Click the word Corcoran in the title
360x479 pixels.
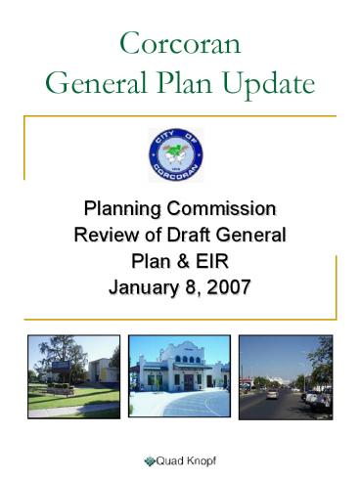click(x=180, y=44)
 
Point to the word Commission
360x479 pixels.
click(x=226, y=209)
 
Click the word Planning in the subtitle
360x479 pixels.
click(x=123, y=209)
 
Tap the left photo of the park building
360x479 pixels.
click(x=73, y=377)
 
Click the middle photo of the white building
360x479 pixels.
click(x=179, y=377)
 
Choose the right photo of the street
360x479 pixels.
click(x=286, y=377)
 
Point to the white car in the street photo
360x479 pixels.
click(x=271, y=394)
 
